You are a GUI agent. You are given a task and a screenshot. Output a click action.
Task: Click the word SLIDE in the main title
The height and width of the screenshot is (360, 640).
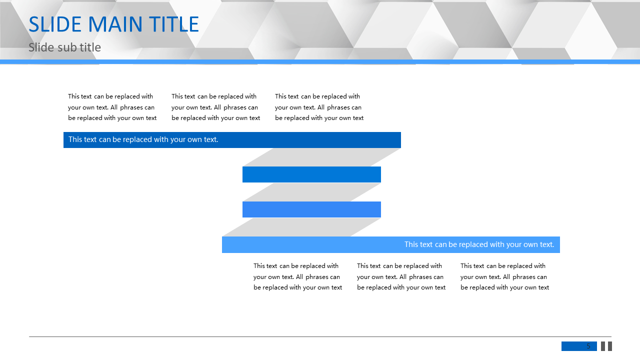[x=55, y=24]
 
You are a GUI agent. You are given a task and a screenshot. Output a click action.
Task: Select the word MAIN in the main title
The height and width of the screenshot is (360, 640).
[x=115, y=24]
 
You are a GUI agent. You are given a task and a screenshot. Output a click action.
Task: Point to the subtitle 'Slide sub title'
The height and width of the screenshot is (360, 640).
[x=64, y=47]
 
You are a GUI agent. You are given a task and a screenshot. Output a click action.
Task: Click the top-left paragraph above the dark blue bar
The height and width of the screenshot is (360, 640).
[x=112, y=107]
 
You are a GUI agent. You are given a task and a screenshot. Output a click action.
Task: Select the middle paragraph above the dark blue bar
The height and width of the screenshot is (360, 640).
[x=215, y=107]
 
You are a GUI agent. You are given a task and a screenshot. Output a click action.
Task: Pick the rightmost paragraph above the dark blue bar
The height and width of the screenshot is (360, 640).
[x=319, y=107]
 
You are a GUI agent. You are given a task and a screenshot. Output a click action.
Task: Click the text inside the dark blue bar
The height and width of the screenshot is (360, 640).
[x=143, y=139]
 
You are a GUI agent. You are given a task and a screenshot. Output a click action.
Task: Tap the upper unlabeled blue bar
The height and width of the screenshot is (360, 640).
[x=311, y=174]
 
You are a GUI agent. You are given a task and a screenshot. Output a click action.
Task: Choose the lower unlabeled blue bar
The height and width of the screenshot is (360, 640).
[x=311, y=209]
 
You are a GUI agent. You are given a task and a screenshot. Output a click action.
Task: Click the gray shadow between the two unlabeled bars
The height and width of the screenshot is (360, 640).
[x=311, y=192]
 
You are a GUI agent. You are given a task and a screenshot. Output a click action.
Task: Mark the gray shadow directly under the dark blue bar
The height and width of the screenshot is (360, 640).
[x=321, y=157]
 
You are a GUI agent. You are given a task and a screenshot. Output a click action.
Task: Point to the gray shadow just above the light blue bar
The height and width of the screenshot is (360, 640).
[x=301, y=227]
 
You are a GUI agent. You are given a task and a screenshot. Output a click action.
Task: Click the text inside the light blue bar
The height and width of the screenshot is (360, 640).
[x=479, y=244]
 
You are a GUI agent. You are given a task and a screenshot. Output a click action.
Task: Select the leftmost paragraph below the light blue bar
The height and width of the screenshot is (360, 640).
[x=297, y=276]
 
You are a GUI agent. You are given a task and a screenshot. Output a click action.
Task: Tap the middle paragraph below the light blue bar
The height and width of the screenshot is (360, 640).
[x=401, y=276]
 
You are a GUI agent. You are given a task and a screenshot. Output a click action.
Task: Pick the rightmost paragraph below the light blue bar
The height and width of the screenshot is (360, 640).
[x=504, y=276]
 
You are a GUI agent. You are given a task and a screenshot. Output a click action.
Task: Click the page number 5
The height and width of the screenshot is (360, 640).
[x=588, y=346]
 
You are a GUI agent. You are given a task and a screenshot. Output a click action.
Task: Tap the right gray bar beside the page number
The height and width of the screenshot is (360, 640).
[x=610, y=346]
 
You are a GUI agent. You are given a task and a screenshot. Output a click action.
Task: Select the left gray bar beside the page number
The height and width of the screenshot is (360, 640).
[x=603, y=346]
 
